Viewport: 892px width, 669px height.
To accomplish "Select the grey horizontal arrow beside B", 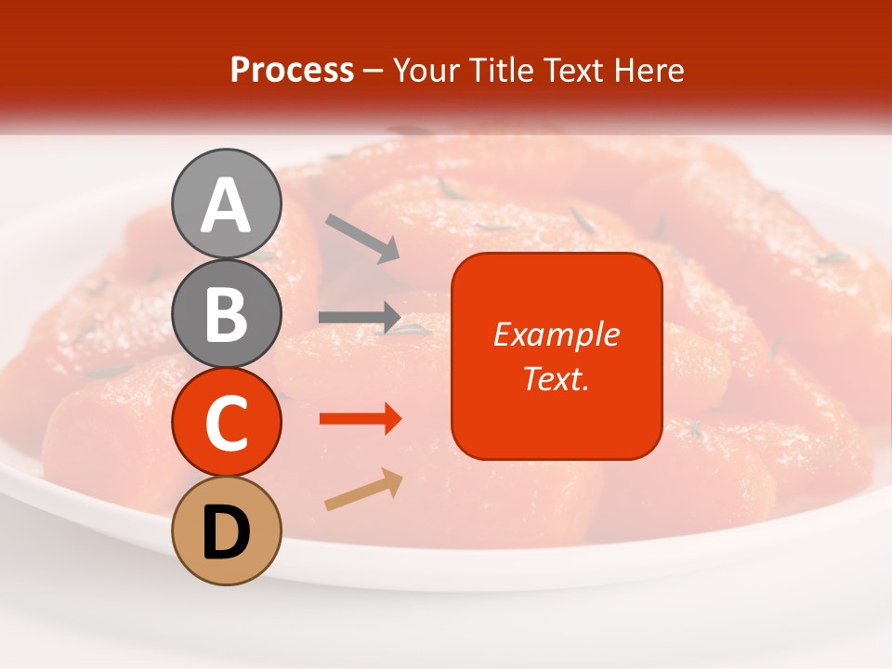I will [x=360, y=318].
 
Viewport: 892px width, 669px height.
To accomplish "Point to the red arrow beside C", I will [x=361, y=419].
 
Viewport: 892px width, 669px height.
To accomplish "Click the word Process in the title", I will [x=292, y=70].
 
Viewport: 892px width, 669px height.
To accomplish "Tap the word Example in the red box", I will [x=556, y=334].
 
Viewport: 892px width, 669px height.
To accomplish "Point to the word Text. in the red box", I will [x=556, y=378].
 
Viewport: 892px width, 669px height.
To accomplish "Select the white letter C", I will [x=227, y=424].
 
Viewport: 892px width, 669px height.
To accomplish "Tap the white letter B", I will [x=227, y=314].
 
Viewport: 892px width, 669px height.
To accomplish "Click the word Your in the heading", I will [x=426, y=70].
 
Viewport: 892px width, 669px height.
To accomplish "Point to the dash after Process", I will [x=373, y=71].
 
